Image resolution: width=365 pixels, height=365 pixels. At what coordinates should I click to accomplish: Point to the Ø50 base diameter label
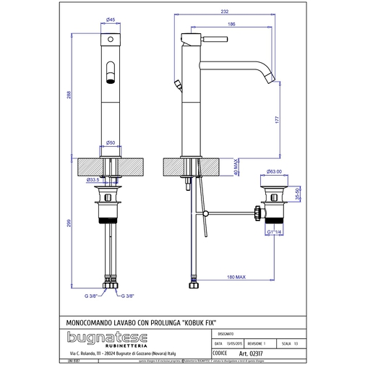point(111,143)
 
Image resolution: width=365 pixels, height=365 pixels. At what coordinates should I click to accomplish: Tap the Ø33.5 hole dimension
point(93,179)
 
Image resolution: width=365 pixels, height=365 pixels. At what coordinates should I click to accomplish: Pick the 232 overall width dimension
point(227,12)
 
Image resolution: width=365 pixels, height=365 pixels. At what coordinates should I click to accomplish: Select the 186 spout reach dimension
point(231,24)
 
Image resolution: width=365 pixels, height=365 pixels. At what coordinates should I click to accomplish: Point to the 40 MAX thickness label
point(236,167)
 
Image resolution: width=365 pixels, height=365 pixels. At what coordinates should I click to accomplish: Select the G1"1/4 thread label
point(273,232)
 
